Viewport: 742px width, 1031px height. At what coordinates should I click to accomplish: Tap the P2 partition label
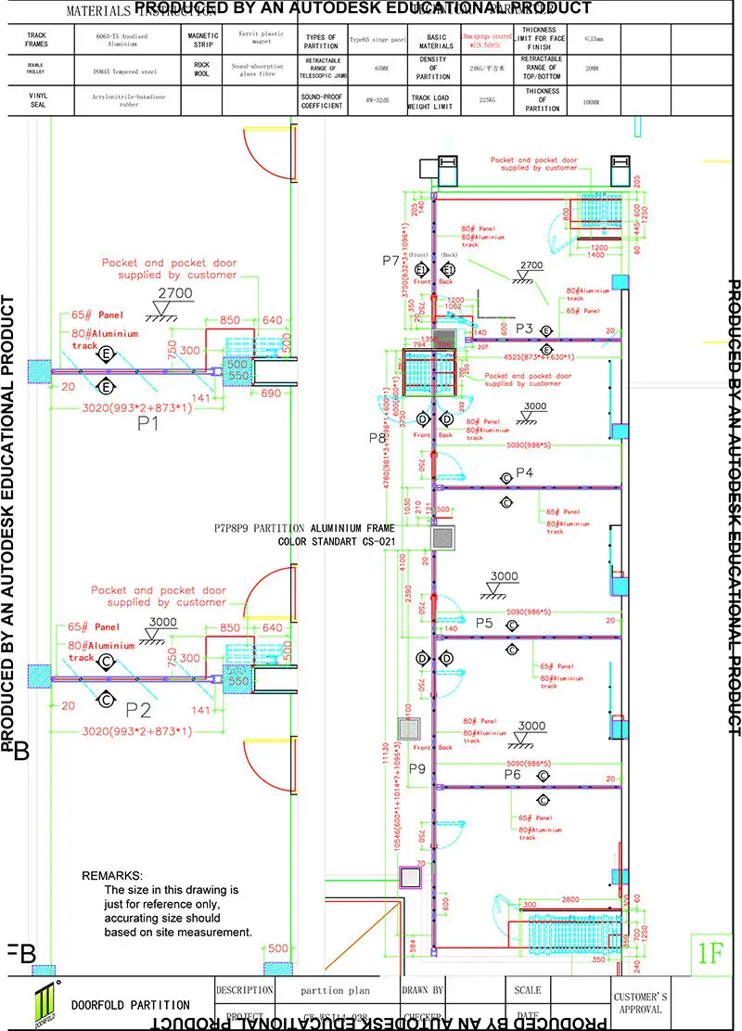tap(138, 711)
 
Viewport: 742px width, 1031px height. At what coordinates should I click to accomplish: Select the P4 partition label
tap(525, 472)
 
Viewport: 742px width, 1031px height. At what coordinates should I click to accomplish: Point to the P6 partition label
tap(513, 774)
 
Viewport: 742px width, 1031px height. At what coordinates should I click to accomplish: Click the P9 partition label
tap(416, 768)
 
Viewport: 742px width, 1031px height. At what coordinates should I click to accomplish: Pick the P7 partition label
tap(390, 261)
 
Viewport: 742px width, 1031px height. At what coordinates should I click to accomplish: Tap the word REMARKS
tap(112, 876)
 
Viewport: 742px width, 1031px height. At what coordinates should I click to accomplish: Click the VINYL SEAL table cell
tap(36, 100)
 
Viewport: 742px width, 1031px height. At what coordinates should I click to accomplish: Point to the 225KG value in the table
tap(486, 100)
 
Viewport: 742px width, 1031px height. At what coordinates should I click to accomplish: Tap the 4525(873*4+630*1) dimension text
tap(539, 356)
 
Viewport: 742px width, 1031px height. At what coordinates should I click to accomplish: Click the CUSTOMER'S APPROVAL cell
tap(638, 1003)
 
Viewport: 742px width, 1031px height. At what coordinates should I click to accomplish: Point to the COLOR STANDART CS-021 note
tap(343, 541)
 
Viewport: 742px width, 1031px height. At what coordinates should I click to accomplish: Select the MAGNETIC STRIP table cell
tap(202, 41)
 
